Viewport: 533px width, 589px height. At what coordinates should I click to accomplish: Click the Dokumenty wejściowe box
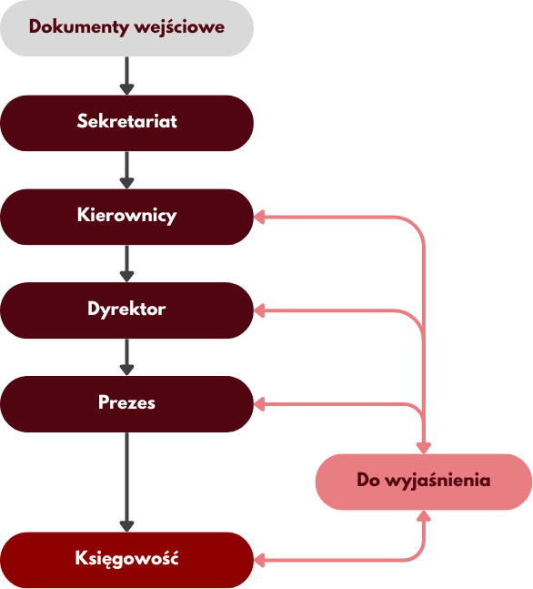(x=126, y=28)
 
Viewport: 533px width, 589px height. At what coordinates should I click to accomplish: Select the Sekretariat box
(x=126, y=123)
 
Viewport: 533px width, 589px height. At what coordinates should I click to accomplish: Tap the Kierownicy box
(x=126, y=217)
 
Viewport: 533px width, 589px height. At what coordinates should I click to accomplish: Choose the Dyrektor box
(x=126, y=310)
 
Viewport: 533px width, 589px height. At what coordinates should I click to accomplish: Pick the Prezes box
(x=126, y=404)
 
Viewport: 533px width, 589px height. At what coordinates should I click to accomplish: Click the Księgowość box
(x=126, y=560)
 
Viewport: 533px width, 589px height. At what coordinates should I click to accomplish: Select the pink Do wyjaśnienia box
(x=424, y=482)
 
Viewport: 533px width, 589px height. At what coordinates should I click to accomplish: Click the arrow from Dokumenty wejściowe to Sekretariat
(x=126, y=76)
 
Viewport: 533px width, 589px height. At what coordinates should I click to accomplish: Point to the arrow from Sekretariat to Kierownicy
(x=126, y=170)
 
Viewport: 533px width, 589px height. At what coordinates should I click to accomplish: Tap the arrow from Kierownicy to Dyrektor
(x=126, y=264)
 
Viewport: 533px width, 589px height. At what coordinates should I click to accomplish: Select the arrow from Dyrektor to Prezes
(x=126, y=357)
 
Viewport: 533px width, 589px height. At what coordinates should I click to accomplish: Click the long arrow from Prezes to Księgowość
(x=126, y=482)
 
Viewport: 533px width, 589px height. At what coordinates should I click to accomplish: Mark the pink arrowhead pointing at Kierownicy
(x=259, y=217)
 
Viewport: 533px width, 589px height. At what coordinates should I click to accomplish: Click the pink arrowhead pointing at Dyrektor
(x=259, y=310)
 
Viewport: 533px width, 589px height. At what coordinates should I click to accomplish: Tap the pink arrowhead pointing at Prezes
(x=259, y=404)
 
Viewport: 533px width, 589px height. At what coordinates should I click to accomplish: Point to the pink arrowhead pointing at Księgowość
(x=259, y=560)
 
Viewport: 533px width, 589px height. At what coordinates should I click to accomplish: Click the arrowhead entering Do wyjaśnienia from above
(x=424, y=448)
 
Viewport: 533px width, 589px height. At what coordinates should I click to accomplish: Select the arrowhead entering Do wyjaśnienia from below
(x=424, y=516)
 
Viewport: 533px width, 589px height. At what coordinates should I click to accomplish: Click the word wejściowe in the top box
(x=179, y=27)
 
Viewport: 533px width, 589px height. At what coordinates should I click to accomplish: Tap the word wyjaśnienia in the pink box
(x=438, y=481)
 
